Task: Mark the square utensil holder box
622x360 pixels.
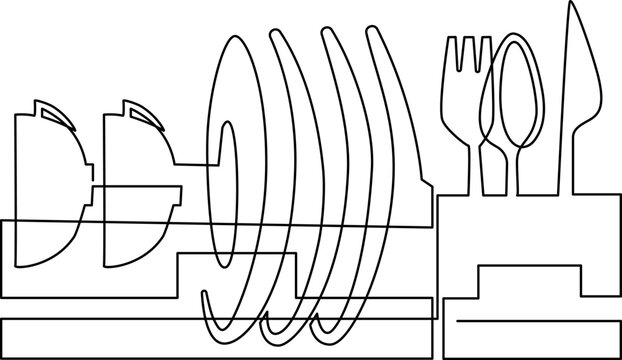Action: click(x=527, y=230)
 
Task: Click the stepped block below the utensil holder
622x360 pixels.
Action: click(x=527, y=290)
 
